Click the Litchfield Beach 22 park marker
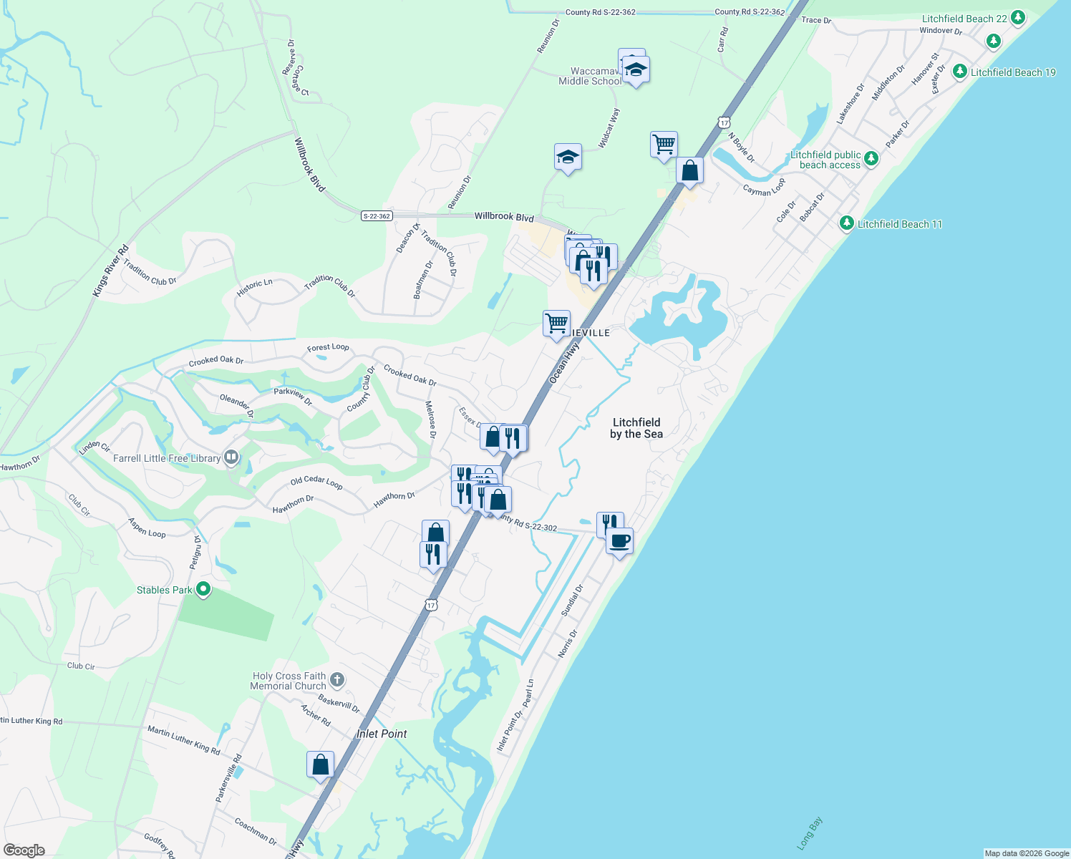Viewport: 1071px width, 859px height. pyautogui.click(x=1017, y=18)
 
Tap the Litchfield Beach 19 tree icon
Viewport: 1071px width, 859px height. pyautogui.click(x=959, y=72)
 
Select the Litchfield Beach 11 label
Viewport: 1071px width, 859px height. pyautogui.click(x=900, y=224)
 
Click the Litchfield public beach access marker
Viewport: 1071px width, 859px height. pyautogui.click(x=871, y=158)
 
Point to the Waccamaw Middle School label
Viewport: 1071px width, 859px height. pyautogui.click(x=590, y=77)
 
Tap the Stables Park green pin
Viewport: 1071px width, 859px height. pyautogui.click(x=203, y=590)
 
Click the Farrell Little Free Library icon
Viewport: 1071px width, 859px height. pyautogui.click(x=231, y=457)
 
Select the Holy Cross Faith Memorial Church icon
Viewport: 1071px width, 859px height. pyautogui.click(x=337, y=679)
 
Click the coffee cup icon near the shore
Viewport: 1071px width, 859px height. pyautogui.click(x=620, y=540)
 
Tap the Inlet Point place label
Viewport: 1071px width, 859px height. pyautogui.click(x=382, y=734)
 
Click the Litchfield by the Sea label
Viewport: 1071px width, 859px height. pyautogui.click(x=636, y=428)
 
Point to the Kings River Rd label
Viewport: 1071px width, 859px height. pyautogui.click(x=110, y=271)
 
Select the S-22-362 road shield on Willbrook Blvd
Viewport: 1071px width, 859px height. pyautogui.click(x=377, y=216)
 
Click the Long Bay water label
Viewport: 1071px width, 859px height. pyautogui.click(x=810, y=833)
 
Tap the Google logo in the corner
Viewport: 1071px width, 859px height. pyautogui.click(x=24, y=850)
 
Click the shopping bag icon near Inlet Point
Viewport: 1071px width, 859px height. pyautogui.click(x=320, y=764)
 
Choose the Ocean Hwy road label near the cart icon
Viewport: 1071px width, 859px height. pyautogui.click(x=563, y=362)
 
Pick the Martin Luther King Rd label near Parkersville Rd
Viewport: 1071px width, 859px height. pyautogui.click(x=184, y=740)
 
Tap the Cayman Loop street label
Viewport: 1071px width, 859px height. pyautogui.click(x=764, y=188)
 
